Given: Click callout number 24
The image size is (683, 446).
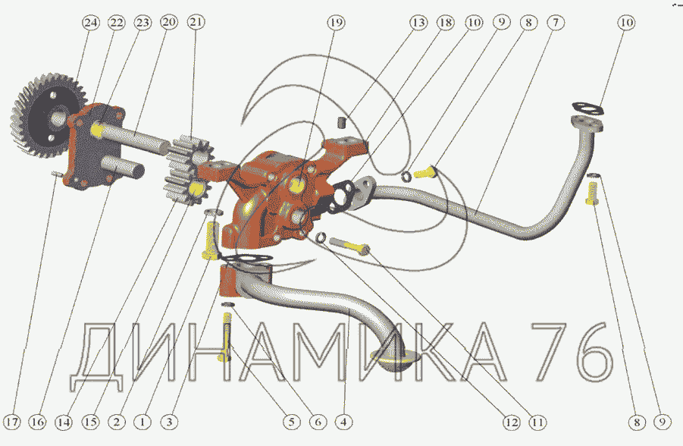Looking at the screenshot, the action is (91, 22).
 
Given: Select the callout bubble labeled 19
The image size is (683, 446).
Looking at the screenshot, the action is (336, 22).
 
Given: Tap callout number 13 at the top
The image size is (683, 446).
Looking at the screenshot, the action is (418, 22).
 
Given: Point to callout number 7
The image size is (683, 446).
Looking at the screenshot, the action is (556, 22).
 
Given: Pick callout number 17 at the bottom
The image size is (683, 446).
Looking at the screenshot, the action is (12, 422).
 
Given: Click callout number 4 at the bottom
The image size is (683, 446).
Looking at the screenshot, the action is (344, 422).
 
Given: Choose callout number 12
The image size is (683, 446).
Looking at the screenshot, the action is (512, 422).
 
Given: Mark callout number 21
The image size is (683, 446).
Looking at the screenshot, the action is (196, 22).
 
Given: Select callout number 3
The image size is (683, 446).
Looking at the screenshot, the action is (170, 422).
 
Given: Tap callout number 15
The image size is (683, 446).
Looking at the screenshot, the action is (91, 422).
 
